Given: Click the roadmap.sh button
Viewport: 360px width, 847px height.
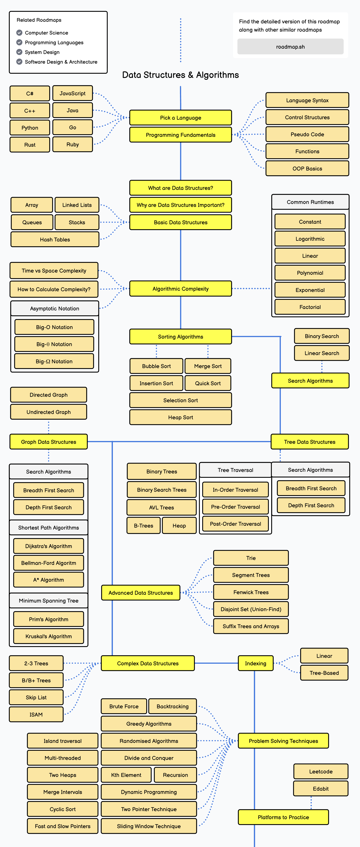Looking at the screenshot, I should [290, 47].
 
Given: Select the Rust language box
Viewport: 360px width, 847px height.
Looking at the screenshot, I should [30, 145].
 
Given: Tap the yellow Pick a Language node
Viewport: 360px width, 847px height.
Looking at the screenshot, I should [181, 118].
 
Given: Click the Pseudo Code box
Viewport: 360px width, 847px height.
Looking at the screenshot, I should [307, 134].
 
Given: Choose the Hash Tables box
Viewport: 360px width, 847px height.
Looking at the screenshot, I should [55, 239].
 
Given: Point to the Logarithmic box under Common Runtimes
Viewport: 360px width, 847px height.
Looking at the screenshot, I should [310, 239].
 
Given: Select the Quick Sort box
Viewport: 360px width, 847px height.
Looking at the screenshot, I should [208, 383].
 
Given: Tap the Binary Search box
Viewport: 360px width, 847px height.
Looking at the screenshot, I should [322, 336].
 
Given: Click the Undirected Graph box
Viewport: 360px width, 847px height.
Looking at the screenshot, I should [49, 412].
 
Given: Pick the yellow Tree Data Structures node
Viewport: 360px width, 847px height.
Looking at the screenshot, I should [309, 442].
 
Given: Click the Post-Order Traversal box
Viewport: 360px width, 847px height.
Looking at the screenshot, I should [235, 524].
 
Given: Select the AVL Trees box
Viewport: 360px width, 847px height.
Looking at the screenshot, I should [161, 507].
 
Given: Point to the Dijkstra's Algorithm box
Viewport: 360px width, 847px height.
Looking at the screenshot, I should [49, 546].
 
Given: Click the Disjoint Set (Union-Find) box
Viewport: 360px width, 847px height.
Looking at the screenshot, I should [251, 609].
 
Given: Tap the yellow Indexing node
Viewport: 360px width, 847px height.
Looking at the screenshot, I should [255, 663].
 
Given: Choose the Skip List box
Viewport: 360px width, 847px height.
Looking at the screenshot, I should [36, 697].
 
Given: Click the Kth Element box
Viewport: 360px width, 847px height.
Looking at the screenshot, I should [126, 775].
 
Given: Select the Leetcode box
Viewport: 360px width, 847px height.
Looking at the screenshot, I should [320, 771].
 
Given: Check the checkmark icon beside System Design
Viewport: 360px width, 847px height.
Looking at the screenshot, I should [19, 52].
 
